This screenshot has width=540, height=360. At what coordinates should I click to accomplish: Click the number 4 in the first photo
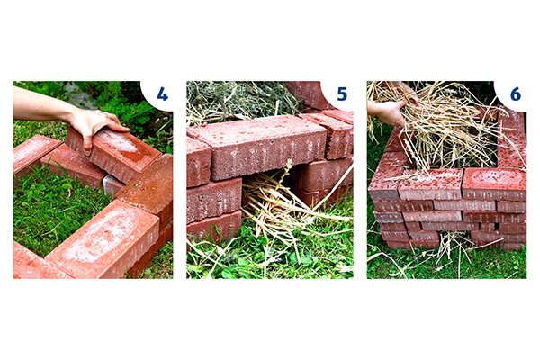(x=162, y=94)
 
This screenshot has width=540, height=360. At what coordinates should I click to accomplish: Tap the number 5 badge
(x=342, y=94)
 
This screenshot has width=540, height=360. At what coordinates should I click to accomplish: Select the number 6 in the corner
(x=515, y=94)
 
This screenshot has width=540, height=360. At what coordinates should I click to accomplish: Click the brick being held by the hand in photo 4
(x=113, y=153)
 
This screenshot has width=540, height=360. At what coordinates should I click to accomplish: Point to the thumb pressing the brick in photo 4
(x=87, y=144)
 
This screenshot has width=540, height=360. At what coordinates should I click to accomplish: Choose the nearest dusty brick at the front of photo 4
(x=103, y=238)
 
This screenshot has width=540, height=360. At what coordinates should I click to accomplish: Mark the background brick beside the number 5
(x=307, y=94)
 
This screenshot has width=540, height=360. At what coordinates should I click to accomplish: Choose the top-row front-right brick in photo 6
(x=494, y=184)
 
